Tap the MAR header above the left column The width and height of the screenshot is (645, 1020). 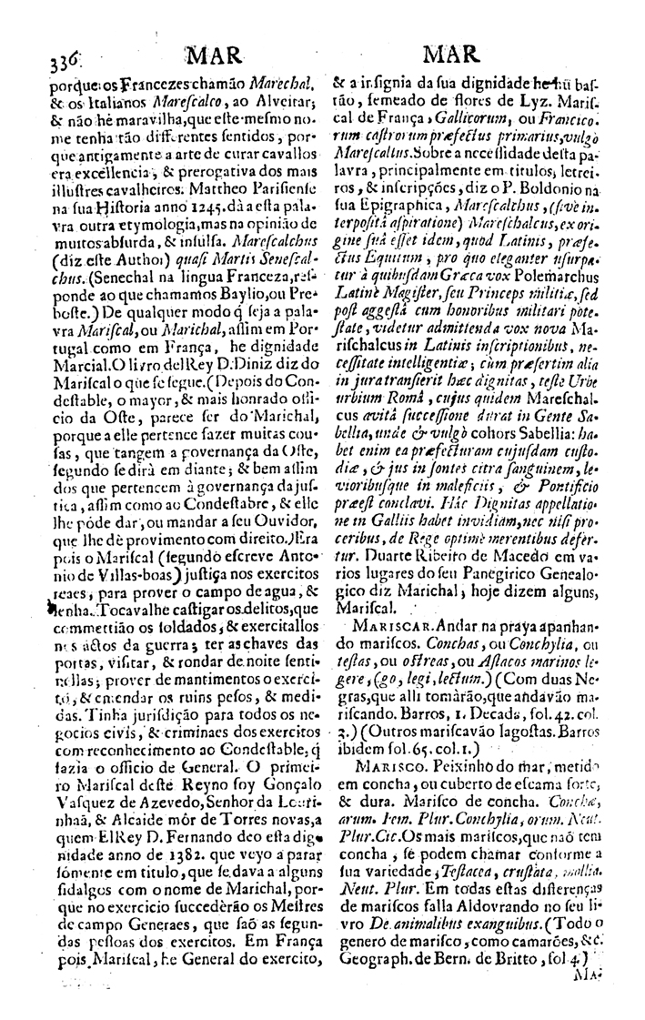click(216, 57)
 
